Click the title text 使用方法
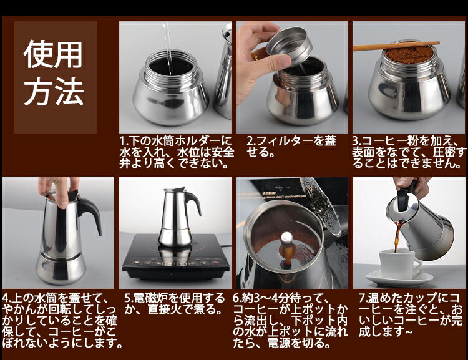[54, 72]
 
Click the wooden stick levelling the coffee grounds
[396, 46]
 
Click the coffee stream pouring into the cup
[398, 236]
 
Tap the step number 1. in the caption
[124, 140]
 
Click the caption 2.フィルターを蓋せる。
[291, 146]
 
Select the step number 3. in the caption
[357, 141]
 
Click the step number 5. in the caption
[129, 298]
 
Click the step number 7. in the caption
[363, 298]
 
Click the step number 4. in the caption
[7, 298]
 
